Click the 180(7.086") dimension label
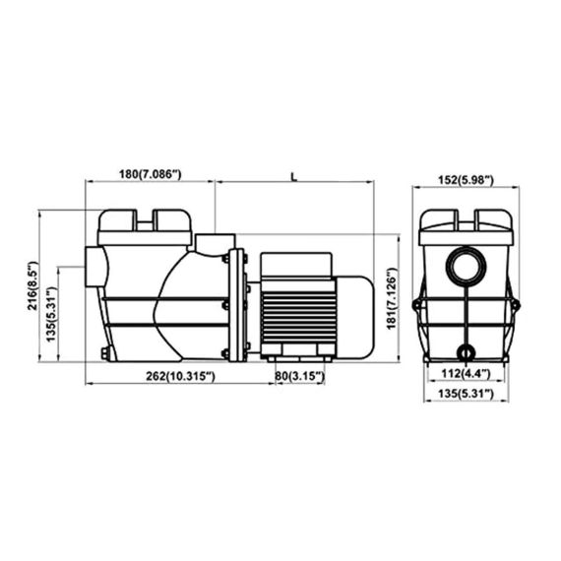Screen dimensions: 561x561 pyautogui.click(x=151, y=174)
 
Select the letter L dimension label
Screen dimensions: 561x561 pyautogui.click(x=293, y=177)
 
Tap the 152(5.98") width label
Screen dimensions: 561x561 pyautogui.click(x=466, y=180)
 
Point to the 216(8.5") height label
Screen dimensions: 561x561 pyautogui.click(x=32, y=285)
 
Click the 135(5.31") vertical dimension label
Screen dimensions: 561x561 pyautogui.click(x=51, y=314)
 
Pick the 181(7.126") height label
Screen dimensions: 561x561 pyautogui.click(x=392, y=298)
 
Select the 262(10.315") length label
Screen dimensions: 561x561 pyautogui.click(x=180, y=376)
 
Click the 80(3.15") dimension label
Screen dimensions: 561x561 pyautogui.click(x=300, y=376)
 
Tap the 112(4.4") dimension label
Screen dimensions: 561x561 pyautogui.click(x=466, y=374)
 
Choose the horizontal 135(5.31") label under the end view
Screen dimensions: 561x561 pyautogui.click(x=466, y=394)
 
